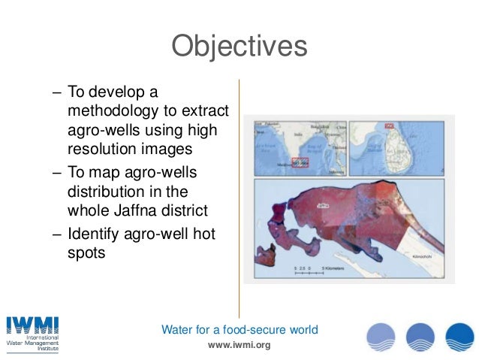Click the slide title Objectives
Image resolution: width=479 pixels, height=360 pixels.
click(x=239, y=47)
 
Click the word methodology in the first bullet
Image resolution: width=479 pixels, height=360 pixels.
click(x=110, y=111)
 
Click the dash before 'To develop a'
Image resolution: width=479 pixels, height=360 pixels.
click(x=57, y=92)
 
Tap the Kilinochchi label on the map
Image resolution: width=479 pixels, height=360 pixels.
click(x=425, y=257)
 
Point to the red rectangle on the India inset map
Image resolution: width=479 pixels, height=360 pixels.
click(x=300, y=161)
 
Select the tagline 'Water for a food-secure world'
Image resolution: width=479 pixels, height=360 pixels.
click(x=239, y=329)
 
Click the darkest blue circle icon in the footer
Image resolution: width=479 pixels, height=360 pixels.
click(x=459, y=336)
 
